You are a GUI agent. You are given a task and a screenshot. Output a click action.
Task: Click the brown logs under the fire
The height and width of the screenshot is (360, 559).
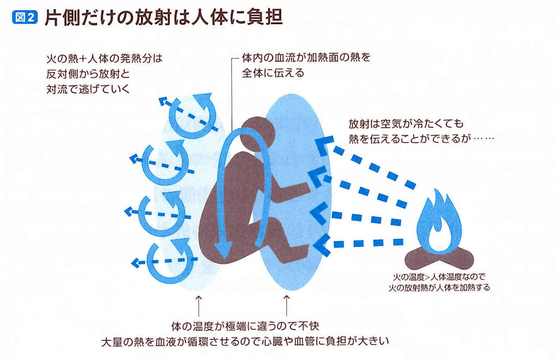(439, 258)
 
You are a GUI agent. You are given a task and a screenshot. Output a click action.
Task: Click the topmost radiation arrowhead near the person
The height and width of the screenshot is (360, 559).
(324, 145)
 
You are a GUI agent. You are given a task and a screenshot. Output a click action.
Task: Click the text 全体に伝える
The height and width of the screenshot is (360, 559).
(273, 73)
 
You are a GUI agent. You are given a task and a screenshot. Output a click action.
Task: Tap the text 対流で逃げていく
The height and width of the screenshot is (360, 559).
(88, 89)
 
